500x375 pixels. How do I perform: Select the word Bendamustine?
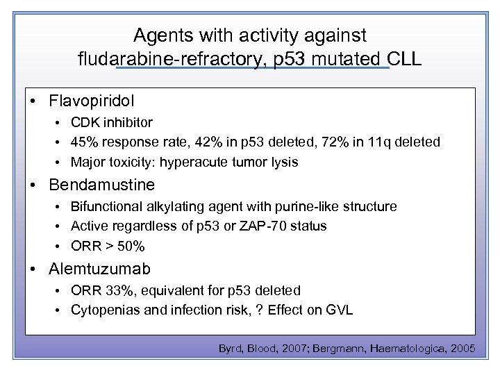(102, 185)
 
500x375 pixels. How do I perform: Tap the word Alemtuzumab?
(99, 269)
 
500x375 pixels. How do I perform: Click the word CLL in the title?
(404, 58)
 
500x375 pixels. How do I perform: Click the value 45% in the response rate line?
(85, 142)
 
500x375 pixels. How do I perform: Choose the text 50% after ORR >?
(131, 247)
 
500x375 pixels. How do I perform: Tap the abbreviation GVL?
(339, 310)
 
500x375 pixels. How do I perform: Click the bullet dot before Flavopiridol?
(33, 101)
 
